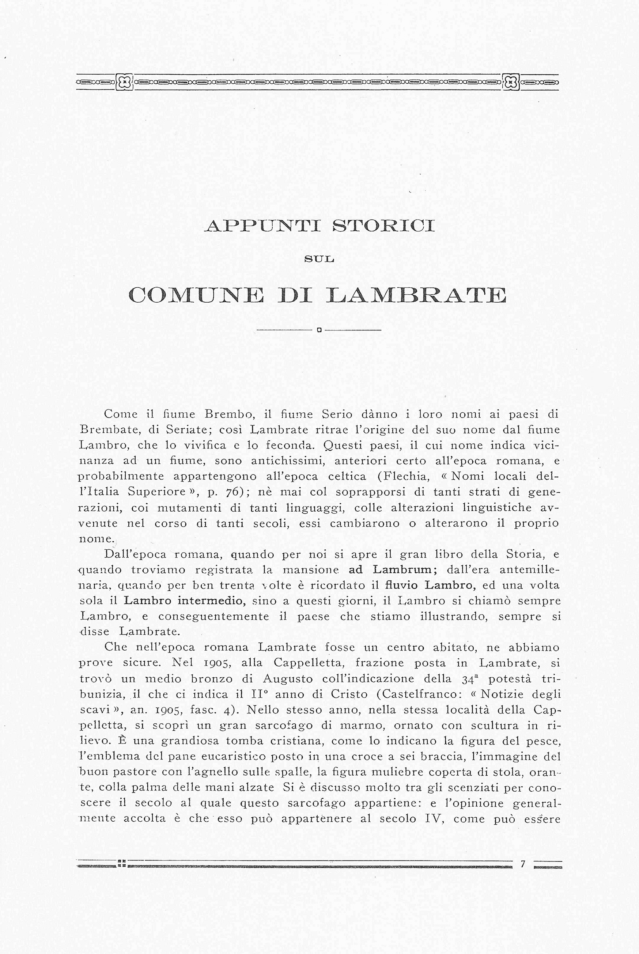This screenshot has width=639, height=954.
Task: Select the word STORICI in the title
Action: click(383, 226)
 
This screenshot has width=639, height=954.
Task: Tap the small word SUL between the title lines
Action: click(319, 259)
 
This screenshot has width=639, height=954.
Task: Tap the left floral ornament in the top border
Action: click(125, 82)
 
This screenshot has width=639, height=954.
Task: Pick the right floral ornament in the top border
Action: click(511, 82)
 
